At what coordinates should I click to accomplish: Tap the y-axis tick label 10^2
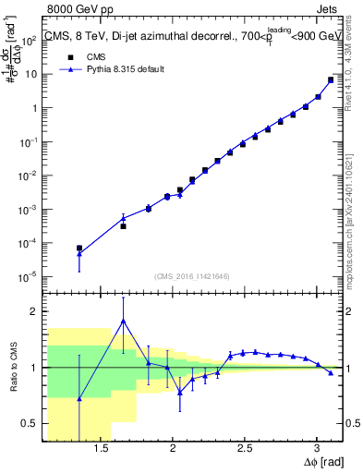click(30, 40)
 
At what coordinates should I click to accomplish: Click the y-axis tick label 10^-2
click(29, 176)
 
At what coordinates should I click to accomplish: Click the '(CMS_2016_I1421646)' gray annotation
click(193, 275)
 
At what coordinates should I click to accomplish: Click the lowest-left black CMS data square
click(79, 249)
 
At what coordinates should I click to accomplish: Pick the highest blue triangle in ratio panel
click(123, 321)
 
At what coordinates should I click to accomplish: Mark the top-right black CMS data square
click(331, 80)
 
